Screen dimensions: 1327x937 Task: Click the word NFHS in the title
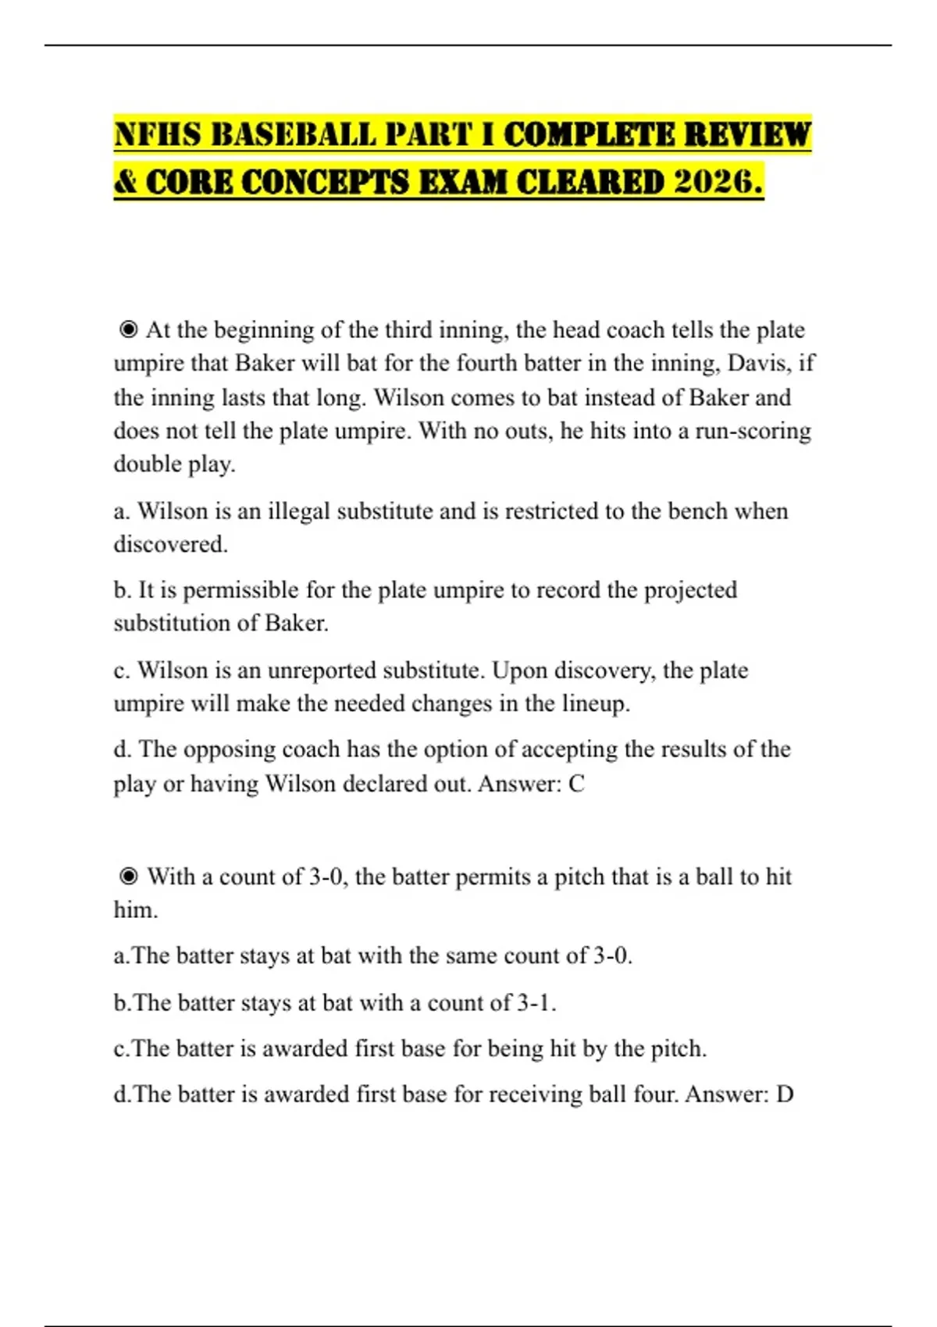pos(157,134)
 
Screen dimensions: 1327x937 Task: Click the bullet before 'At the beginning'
pos(129,330)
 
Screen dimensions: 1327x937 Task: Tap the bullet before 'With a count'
pos(129,877)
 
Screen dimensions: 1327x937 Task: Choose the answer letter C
pos(576,784)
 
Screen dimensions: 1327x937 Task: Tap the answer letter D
pos(785,1094)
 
